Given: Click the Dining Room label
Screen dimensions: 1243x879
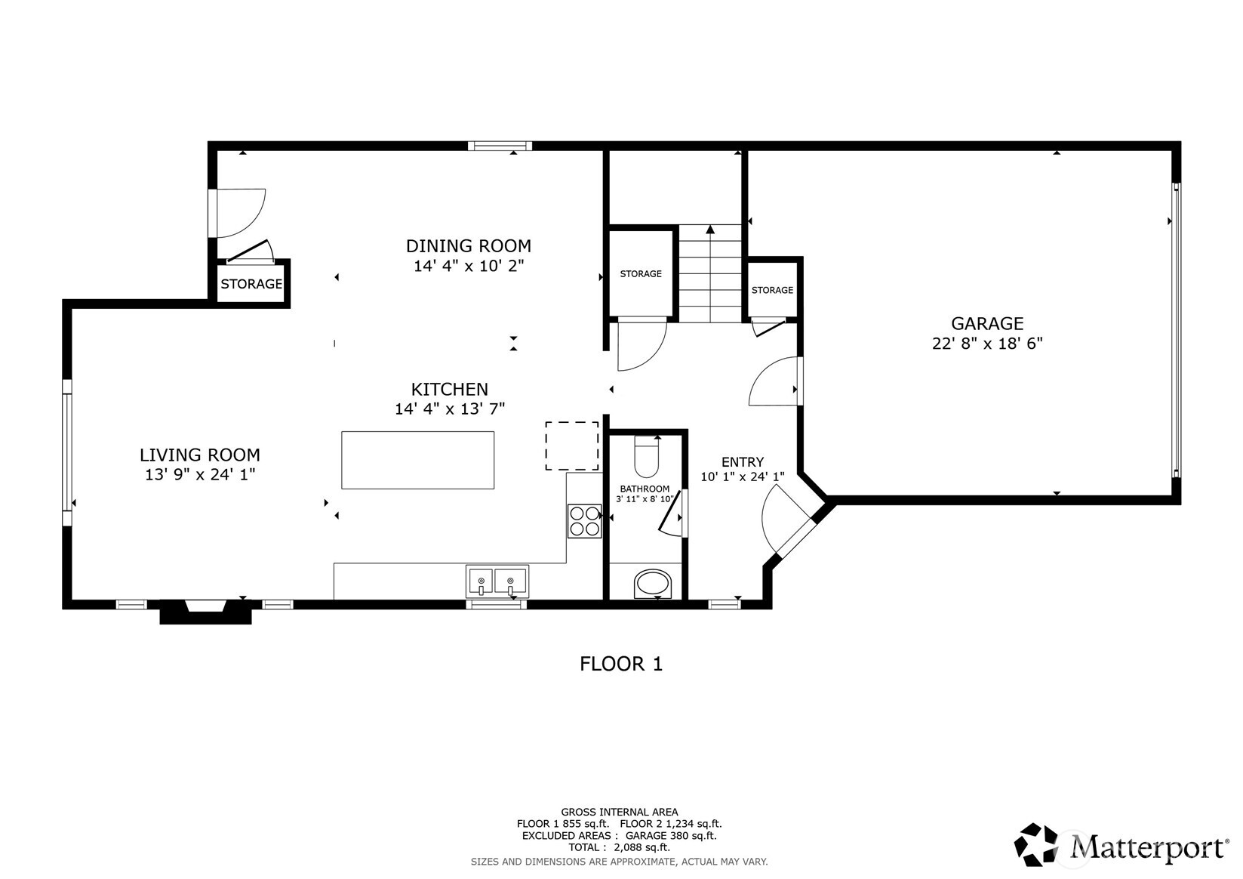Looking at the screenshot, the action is tap(469, 245).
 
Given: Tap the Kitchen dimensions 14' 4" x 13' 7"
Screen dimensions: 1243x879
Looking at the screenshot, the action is tap(450, 409).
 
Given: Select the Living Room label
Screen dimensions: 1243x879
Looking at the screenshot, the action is tap(200, 455).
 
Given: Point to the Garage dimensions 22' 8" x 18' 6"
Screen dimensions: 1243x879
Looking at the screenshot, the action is tap(987, 344).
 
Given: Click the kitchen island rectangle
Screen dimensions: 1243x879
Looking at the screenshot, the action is tap(417, 460).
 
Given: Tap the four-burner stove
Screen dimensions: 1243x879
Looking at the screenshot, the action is tap(584, 521).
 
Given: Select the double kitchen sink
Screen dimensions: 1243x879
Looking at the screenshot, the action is tap(497, 581).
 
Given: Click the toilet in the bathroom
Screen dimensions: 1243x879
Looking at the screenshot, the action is tap(646, 457).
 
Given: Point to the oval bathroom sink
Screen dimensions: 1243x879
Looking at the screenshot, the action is tap(653, 584).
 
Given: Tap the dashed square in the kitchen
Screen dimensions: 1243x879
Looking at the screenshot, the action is tap(571, 446).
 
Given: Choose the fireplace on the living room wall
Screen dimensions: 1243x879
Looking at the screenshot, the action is tap(205, 612).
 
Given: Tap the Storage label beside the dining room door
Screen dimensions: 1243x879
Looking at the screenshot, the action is tap(251, 284).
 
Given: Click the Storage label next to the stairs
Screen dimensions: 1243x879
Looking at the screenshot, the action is tap(640, 274).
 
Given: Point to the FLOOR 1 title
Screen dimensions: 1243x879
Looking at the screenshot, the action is tap(621, 664).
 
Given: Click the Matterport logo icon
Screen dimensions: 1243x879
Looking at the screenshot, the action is tap(1036, 844).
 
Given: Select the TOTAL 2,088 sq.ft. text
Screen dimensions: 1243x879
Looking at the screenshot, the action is tap(620, 847).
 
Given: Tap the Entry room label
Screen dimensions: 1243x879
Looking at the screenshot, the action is tap(743, 462).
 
